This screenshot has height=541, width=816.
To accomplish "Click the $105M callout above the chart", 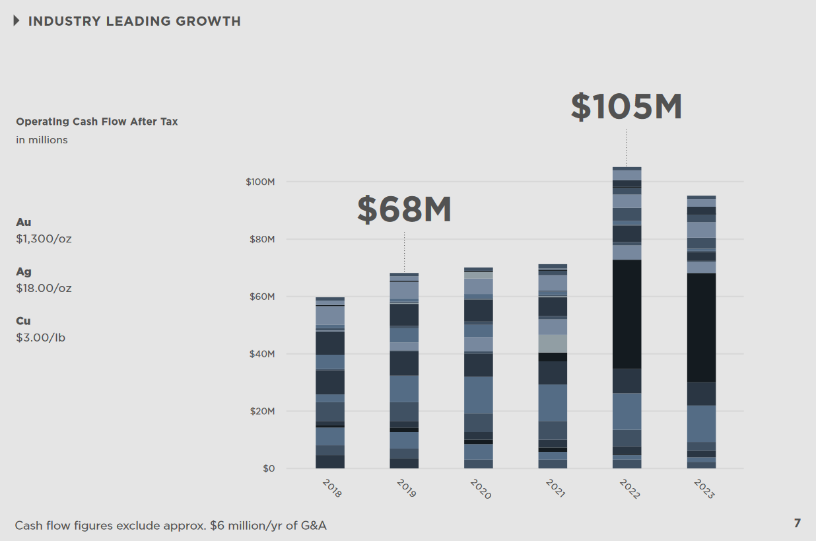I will pos(626,107).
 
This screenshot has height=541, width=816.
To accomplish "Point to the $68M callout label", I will pos(404,209).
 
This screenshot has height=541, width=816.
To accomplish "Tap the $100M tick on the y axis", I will pos(260,182).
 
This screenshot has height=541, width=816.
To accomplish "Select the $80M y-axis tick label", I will pos(261,239).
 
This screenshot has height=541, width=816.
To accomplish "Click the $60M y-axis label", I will pos(261,297).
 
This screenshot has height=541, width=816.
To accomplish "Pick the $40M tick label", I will pos(261,354).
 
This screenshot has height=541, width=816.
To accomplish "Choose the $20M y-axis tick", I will pos(261,412).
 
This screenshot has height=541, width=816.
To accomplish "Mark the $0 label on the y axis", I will pos(268,469).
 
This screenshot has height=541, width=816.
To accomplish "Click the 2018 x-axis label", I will pos(331,488).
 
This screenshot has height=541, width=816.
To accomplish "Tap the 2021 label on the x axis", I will pos(556,488).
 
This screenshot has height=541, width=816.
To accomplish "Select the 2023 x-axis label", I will pos(704,488).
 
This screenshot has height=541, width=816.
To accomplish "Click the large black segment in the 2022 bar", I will pos(627,314).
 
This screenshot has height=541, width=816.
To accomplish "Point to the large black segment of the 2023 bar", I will pos(701,328).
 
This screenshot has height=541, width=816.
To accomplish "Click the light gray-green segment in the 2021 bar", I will pos(553,343).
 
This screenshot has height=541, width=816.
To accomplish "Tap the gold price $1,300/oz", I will pos(44,238).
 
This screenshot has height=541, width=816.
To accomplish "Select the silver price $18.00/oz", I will pos(44,288).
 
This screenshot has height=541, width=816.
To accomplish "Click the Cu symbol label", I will pos(23,321).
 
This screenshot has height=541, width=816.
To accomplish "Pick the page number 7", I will pos(797,523).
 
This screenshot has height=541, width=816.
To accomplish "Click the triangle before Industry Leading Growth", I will pos(17,21).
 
